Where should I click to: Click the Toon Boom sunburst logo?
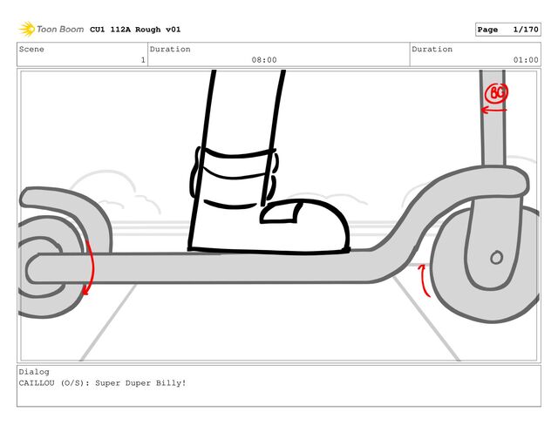pyautogui.click(x=27, y=29)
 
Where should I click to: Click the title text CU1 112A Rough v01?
pyautogui.click(x=135, y=30)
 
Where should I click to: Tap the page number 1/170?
pyautogui.click(x=526, y=30)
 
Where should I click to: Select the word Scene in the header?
pyautogui.click(x=31, y=49)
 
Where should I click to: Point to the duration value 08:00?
pyautogui.click(x=264, y=60)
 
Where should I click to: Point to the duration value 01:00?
pyautogui.click(x=526, y=60)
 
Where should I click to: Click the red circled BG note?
pyautogui.click(x=497, y=93)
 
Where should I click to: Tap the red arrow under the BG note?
pyautogui.click(x=493, y=110)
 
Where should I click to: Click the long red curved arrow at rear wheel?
pyautogui.click(x=91, y=267)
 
